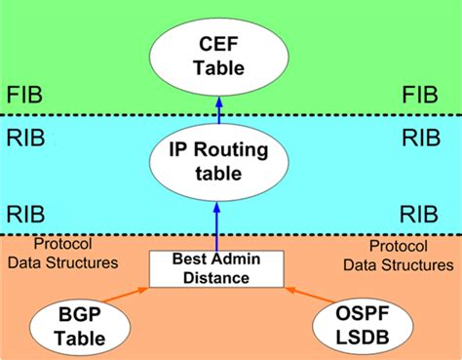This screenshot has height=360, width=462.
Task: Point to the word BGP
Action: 80,312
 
